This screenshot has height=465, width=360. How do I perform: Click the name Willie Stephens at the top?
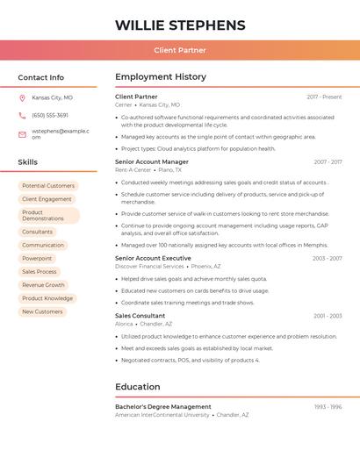pyautogui.click(x=180, y=25)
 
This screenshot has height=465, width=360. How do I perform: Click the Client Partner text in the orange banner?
pyautogui.click(x=180, y=51)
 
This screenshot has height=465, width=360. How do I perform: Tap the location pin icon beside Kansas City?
pyautogui.click(x=22, y=97)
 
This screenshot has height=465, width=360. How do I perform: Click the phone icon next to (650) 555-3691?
pyautogui.click(x=22, y=115)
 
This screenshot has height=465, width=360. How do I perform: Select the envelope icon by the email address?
pyautogui.click(x=22, y=133)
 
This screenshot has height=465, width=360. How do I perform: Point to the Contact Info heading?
pyautogui.click(x=40, y=77)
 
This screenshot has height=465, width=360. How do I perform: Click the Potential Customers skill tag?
pyautogui.click(x=48, y=186)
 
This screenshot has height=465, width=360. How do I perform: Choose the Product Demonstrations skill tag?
pyautogui.click(x=48, y=215)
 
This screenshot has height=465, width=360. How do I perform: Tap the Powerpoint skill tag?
pyautogui.click(x=37, y=258)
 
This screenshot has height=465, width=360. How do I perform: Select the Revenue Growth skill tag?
pyautogui.click(x=43, y=285)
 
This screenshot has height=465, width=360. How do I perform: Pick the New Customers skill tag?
pyautogui.click(x=42, y=311)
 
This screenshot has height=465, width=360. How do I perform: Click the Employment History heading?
pyautogui.click(x=161, y=77)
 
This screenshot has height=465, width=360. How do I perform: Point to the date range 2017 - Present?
pyautogui.click(x=324, y=97)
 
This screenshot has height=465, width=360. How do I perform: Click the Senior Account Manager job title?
pyautogui.click(x=151, y=161)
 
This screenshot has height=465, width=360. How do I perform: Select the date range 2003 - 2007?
pyautogui.click(x=327, y=259)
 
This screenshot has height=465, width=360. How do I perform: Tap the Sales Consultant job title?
pyautogui.click(x=140, y=315)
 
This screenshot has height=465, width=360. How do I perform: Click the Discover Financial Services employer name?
pyautogui.click(x=149, y=267)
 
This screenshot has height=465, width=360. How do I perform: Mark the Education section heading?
pyautogui.click(x=137, y=387)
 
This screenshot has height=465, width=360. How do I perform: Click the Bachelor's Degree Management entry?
pyautogui.click(x=163, y=407)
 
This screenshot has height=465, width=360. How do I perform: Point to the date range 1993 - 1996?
pyautogui.click(x=328, y=407)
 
